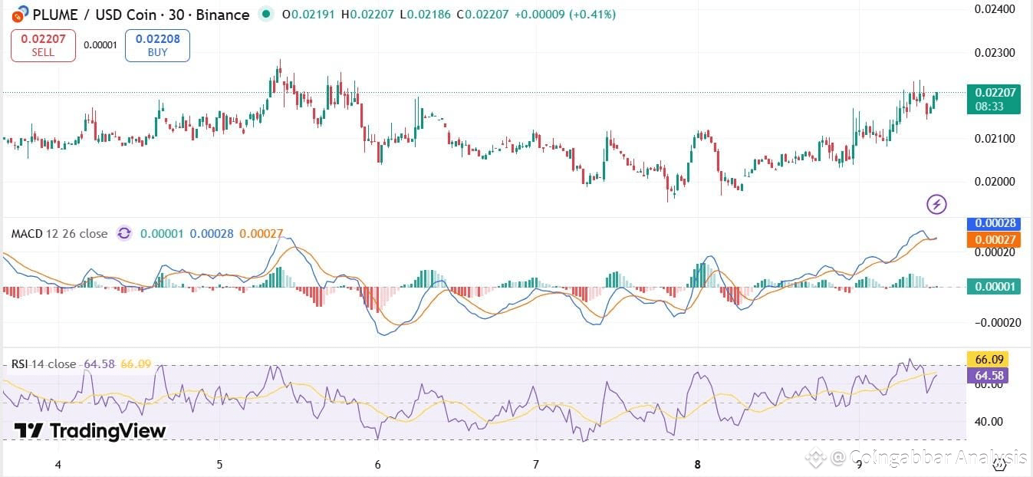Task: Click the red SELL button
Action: click(43, 45)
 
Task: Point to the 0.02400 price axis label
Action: click(995, 9)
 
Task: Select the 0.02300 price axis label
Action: click(995, 53)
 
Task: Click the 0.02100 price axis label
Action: click(995, 139)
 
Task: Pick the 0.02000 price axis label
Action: click(995, 182)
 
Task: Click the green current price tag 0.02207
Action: click(994, 99)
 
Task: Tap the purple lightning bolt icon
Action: click(936, 204)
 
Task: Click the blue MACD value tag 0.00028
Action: click(994, 224)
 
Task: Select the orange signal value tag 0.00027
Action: click(994, 240)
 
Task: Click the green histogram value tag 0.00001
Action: click(994, 287)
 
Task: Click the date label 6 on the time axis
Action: click(378, 464)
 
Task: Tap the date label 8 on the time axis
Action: click(697, 464)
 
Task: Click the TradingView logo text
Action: click(90, 431)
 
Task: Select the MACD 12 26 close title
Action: click(59, 233)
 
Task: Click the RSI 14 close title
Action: click(44, 364)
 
